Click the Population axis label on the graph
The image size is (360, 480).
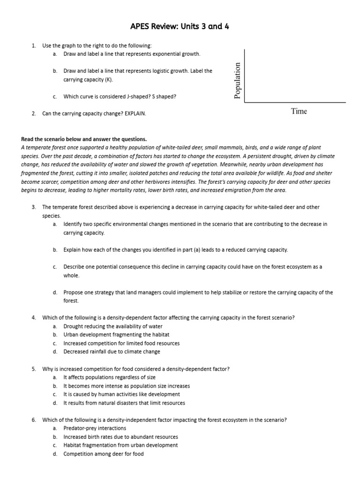(x=237, y=81)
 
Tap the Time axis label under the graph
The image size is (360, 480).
(x=299, y=111)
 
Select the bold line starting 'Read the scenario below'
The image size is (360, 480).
(x=84, y=139)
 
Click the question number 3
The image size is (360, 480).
(x=34, y=207)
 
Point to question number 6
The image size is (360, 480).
(x=34, y=420)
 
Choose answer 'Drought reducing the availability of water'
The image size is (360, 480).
(x=113, y=326)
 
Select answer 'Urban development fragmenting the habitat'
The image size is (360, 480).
(x=116, y=335)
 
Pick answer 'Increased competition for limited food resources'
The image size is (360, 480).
(x=121, y=343)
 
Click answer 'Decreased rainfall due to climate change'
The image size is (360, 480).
(x=112, y=352)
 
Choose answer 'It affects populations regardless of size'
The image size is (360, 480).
(x=109, y=377)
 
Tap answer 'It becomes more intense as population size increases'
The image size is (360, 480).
(x=127, y=386)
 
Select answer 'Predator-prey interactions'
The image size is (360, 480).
(x=95, y=428)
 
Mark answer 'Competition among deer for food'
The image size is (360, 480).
(x=104, y=454)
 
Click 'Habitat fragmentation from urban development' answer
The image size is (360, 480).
(x=120, y=445)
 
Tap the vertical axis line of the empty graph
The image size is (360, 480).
(x=244, y=75)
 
